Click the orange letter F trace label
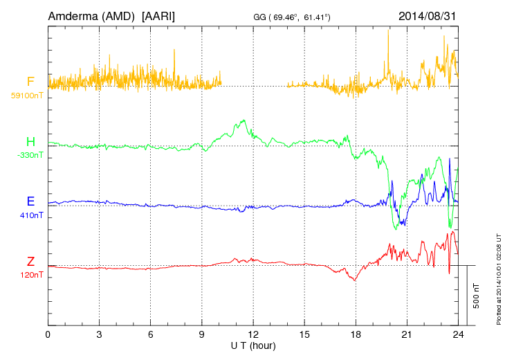(30, 82)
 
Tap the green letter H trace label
(30, 142)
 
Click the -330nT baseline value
(30, 155)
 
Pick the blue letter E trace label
(30, 201)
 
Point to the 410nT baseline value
(31, 215)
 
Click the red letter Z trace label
(30, 261)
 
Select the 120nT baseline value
(31, 275)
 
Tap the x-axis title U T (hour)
(253, 345)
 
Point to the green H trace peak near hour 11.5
(244, 120)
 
